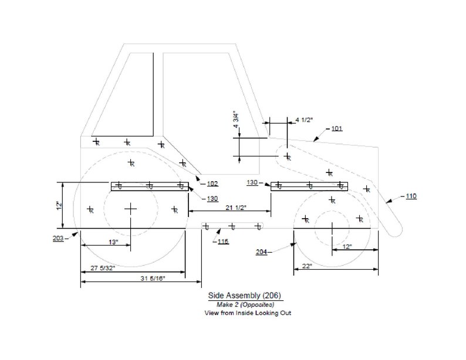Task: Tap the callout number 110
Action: point(410,196)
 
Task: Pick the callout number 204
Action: point(262,252)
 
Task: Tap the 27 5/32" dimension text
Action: point(102,268)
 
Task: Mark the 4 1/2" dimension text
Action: point(304,120)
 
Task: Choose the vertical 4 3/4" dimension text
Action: point(235,120)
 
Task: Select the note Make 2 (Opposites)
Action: point(246,305)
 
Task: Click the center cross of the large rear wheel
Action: point(131,208)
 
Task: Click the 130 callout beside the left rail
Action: point(212,199)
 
